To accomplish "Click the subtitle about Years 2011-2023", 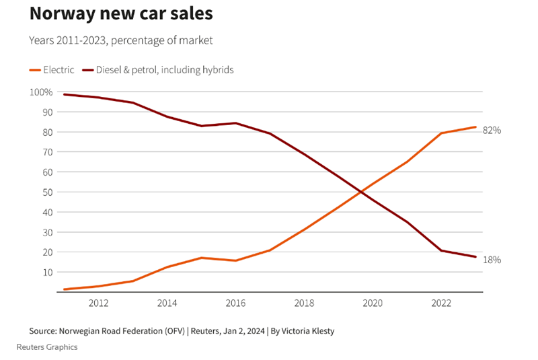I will coord(120,40).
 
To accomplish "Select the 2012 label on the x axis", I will coord(98,303).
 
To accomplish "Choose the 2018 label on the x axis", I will coord(304,303).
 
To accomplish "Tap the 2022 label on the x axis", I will coord(441,303).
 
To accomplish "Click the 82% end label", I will coord(492,131).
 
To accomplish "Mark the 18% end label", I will coord(492,260).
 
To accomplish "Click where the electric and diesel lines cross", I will coord(362,192).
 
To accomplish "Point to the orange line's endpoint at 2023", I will coord(475,127).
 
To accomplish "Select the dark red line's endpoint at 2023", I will coord(475,257).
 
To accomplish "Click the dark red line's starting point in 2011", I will coord(64,94).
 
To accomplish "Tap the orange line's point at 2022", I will coord(441,133).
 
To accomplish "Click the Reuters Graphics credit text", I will coord(47,347).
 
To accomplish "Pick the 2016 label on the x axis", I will coord(235,303).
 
